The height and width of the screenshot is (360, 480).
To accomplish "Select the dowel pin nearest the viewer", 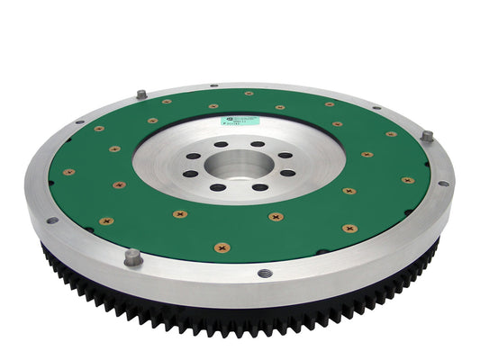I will pyautogui.click(x=132, y=256).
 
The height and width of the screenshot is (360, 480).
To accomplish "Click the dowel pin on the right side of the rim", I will pyautogui.click(x=427, y=137).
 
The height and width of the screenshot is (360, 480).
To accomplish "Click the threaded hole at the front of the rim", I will pyautogui.click(x=264, y=273).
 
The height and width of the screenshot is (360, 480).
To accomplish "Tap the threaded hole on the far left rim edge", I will pyautogui.click(x=52, y=220).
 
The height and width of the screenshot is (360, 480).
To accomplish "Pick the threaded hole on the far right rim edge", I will pyautogui.click(x=442, y=184).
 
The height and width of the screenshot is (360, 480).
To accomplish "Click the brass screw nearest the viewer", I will pyautogui.click(x=222, y=247).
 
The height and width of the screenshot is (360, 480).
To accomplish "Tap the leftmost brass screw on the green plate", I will pyautogui.click(x=69, y=172).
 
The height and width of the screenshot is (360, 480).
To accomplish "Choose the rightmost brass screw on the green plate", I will pyautogui.click(x=408, y=180).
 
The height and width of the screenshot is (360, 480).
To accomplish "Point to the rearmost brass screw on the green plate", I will pyautogui.click(x=249, y=93).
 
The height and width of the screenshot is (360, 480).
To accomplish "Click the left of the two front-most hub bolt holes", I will pyautogui.click(x=218, y=187).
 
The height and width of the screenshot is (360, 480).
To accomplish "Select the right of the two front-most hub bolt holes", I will pyautogui.click(x=258, y=187).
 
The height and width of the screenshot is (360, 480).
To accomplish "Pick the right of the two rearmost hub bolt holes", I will pyautogui.click(x=258, y=144).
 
